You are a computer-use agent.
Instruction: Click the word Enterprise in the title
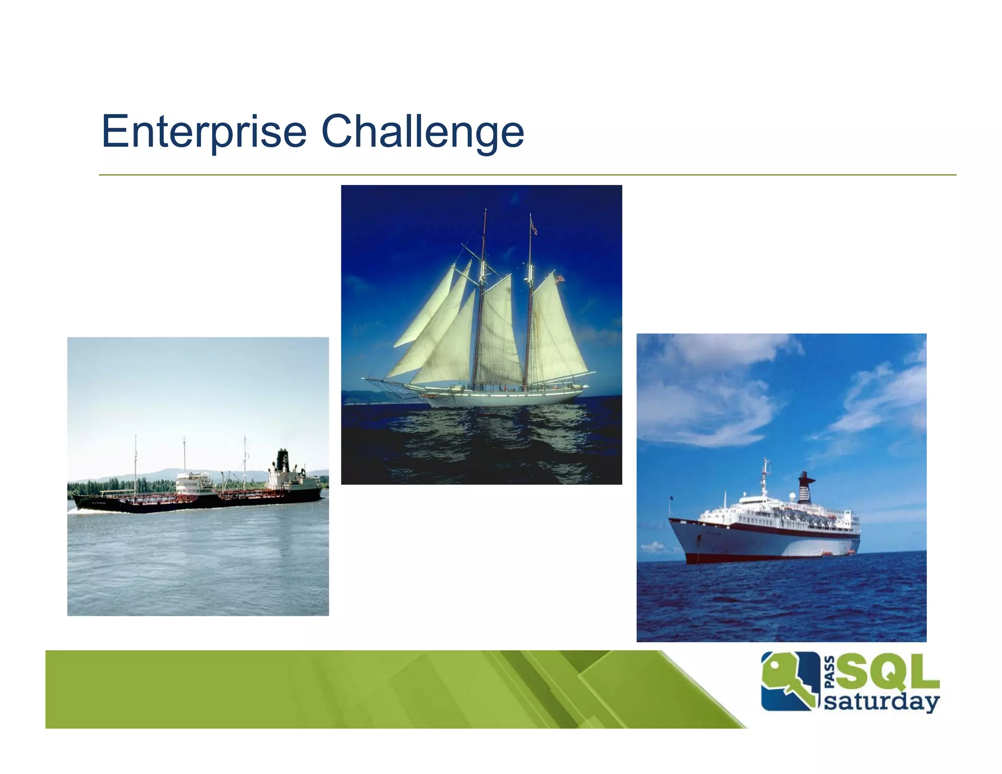204,131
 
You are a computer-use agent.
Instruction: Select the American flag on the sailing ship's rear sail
559,279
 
